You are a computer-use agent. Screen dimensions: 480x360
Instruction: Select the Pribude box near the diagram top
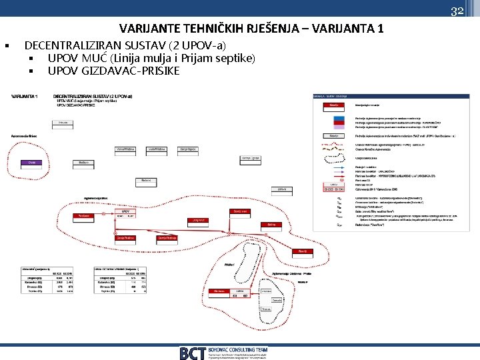[x=63, y=123]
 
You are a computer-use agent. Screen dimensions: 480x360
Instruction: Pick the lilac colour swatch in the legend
[x=333, y=135]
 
